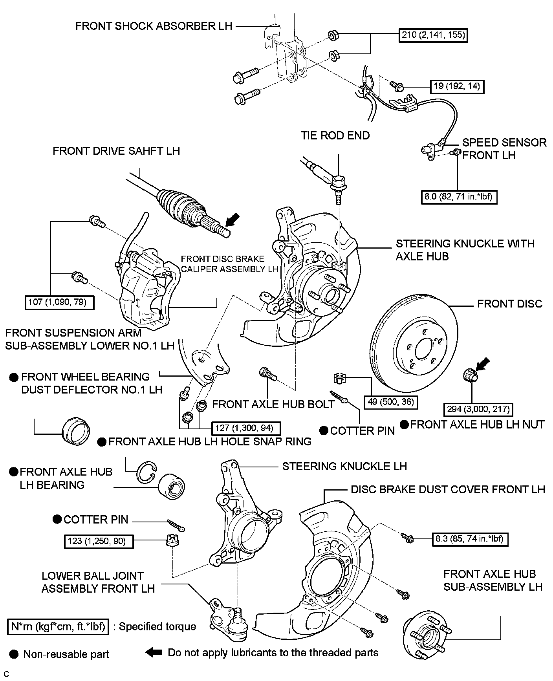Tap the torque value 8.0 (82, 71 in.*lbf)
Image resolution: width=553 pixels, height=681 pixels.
(x=458, y=196)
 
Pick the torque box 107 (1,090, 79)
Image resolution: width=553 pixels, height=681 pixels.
(x=59, y=302)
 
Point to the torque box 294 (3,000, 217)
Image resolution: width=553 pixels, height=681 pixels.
(x=478, y=409)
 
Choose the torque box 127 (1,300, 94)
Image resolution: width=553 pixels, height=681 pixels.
(x=246, y=428)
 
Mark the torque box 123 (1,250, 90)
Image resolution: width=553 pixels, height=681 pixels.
(x=98, y=541)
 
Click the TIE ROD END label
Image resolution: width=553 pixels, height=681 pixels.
(x=335, y=135)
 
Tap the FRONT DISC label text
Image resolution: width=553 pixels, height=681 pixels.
(x=509, y=304)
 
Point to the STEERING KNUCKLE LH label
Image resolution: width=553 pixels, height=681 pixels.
(x=344, y=466)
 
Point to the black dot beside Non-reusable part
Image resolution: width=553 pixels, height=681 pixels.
(x=14, y=654)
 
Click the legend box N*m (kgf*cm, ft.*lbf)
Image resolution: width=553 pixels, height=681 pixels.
(x=58, y=626)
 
